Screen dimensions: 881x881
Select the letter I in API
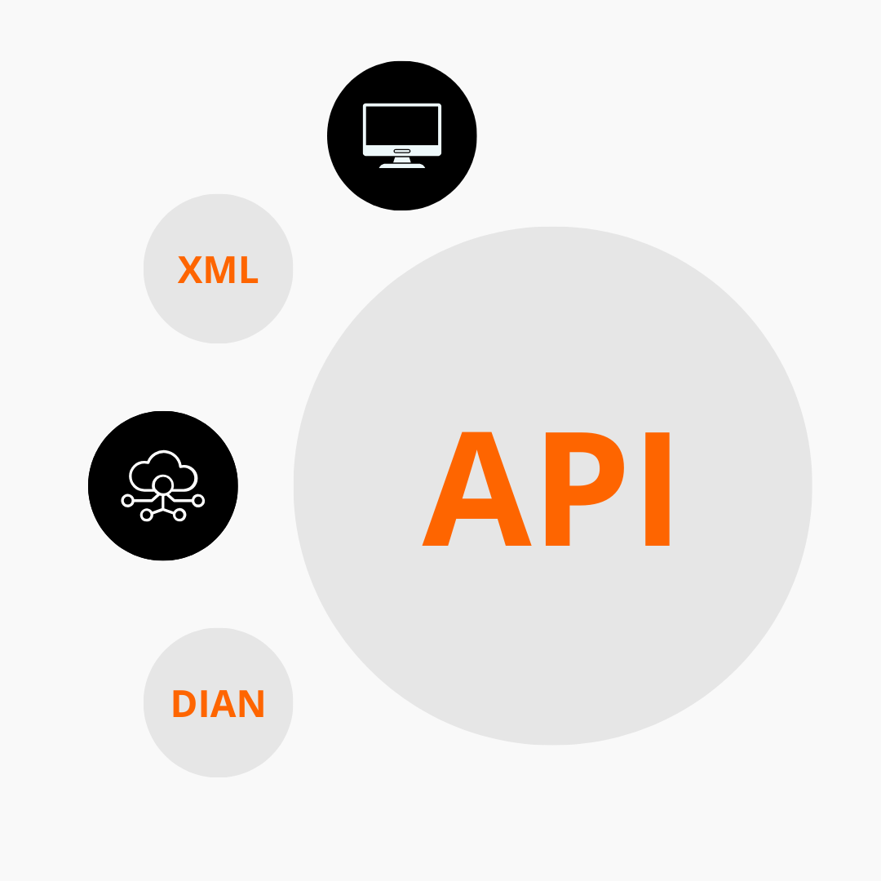[657, 489]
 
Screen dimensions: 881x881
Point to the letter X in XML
[190, 270]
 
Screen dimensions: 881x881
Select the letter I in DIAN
[204, 703]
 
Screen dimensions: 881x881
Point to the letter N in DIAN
[251, 703]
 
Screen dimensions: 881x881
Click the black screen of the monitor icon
[401, 126]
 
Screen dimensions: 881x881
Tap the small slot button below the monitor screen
[401, 151]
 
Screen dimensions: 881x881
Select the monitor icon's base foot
[401, 166]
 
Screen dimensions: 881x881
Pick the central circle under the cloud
[163, 485]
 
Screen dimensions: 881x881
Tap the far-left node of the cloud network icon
[127, 501]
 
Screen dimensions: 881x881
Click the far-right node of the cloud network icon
[198, 501]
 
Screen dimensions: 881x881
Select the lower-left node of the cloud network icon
[146, 515]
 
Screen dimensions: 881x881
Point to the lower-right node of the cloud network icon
[179, 515]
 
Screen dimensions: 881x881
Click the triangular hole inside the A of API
[476, 480]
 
